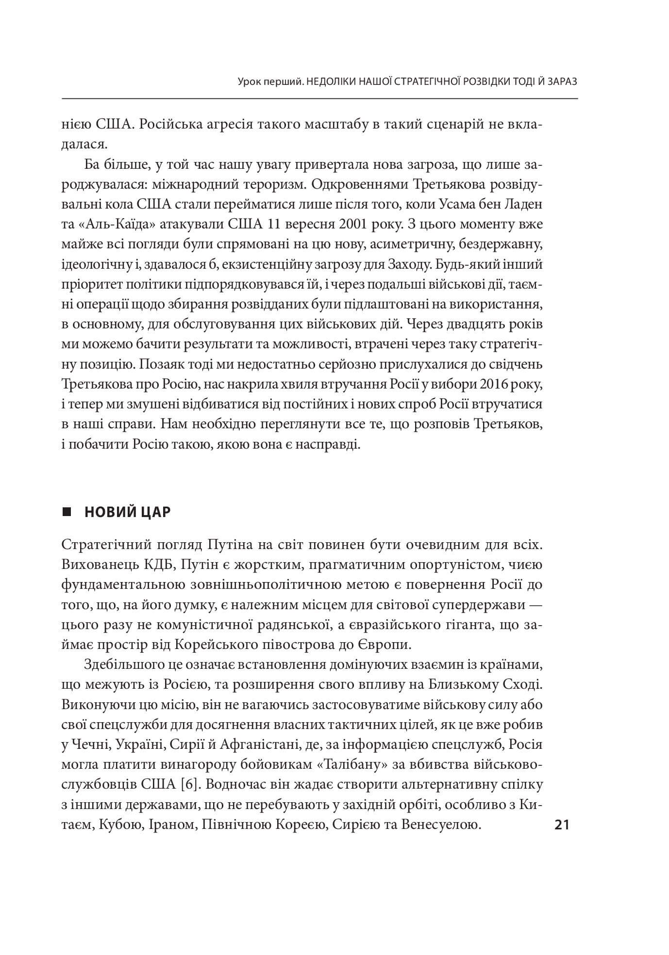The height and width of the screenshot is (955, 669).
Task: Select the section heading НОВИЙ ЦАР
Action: click(127, 512)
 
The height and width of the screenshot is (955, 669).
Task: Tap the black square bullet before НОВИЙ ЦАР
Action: click(67, 512)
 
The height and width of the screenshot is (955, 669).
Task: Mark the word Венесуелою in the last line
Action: click(441, 825)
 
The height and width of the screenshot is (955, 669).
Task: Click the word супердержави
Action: click(477, 605)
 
